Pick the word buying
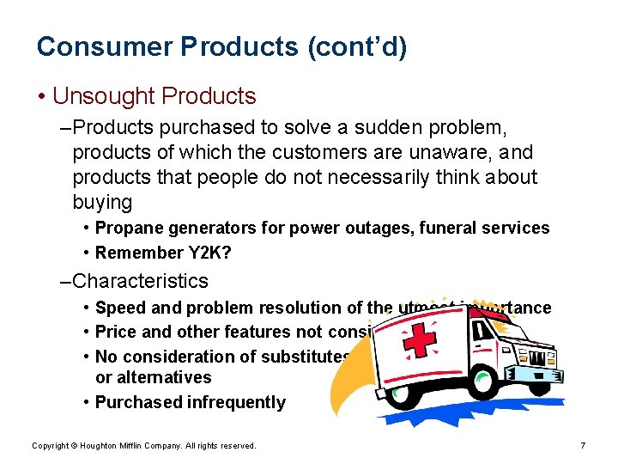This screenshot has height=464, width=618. tap(102, 203)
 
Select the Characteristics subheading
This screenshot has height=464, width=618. tap(140, 281)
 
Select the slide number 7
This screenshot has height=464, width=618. tap(583, 445)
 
